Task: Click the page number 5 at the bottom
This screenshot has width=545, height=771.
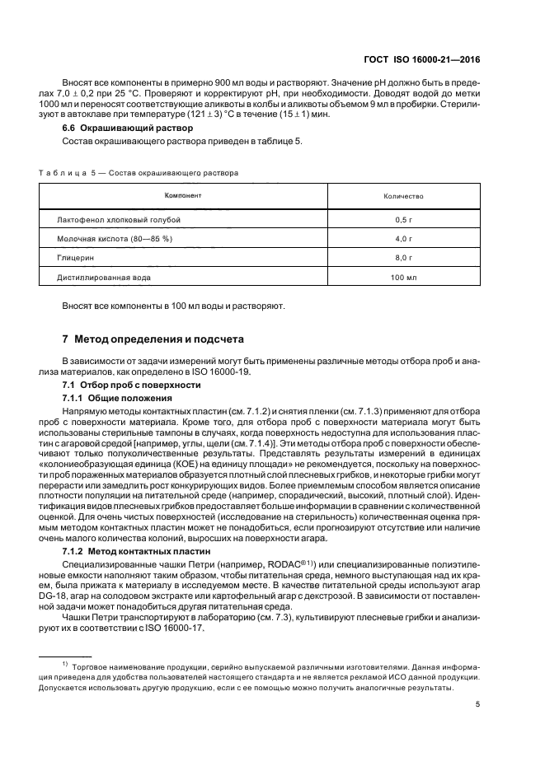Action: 478,704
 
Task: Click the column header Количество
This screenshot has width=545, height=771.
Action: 403,197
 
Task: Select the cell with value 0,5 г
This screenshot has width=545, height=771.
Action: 403,220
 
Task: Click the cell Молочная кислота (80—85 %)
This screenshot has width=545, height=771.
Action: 115,239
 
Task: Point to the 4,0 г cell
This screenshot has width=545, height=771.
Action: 403,239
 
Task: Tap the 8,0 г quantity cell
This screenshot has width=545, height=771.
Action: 403,258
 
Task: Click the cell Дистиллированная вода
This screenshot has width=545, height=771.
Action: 104,278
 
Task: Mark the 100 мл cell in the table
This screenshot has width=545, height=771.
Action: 403,278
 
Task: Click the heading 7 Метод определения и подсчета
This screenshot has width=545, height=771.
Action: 153,339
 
